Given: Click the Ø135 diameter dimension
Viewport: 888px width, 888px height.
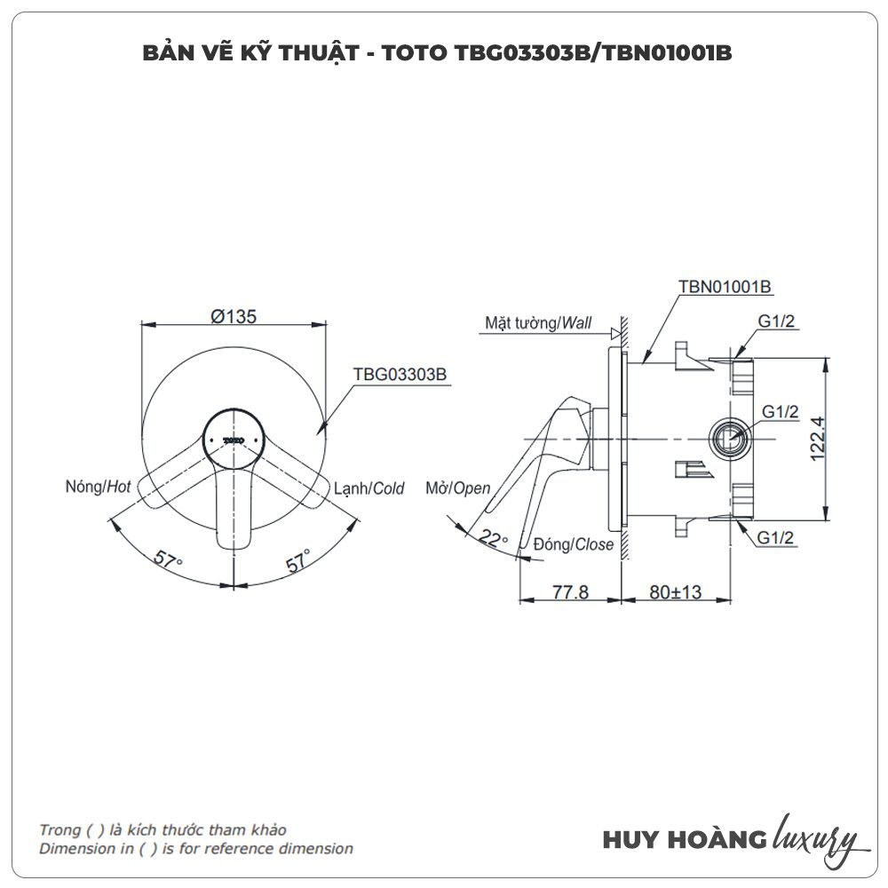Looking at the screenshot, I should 234,316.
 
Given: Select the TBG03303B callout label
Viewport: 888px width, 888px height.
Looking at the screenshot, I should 399,375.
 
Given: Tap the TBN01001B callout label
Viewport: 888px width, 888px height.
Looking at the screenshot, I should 725,287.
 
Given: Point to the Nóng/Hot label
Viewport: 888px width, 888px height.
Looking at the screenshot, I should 99,486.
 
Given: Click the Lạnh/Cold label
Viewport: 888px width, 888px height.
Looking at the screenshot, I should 369,488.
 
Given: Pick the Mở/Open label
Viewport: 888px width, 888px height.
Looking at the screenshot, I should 458,488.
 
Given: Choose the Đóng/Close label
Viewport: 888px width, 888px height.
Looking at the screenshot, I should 574,544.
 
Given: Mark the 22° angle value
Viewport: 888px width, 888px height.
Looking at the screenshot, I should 493,537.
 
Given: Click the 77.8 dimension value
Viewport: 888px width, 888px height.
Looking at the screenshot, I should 570,592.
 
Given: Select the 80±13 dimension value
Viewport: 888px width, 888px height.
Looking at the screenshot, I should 675,592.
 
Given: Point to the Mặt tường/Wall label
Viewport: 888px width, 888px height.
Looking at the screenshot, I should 538,322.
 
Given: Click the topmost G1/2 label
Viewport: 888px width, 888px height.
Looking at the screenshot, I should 777,322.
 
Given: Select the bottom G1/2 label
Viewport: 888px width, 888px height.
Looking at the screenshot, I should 777,536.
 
